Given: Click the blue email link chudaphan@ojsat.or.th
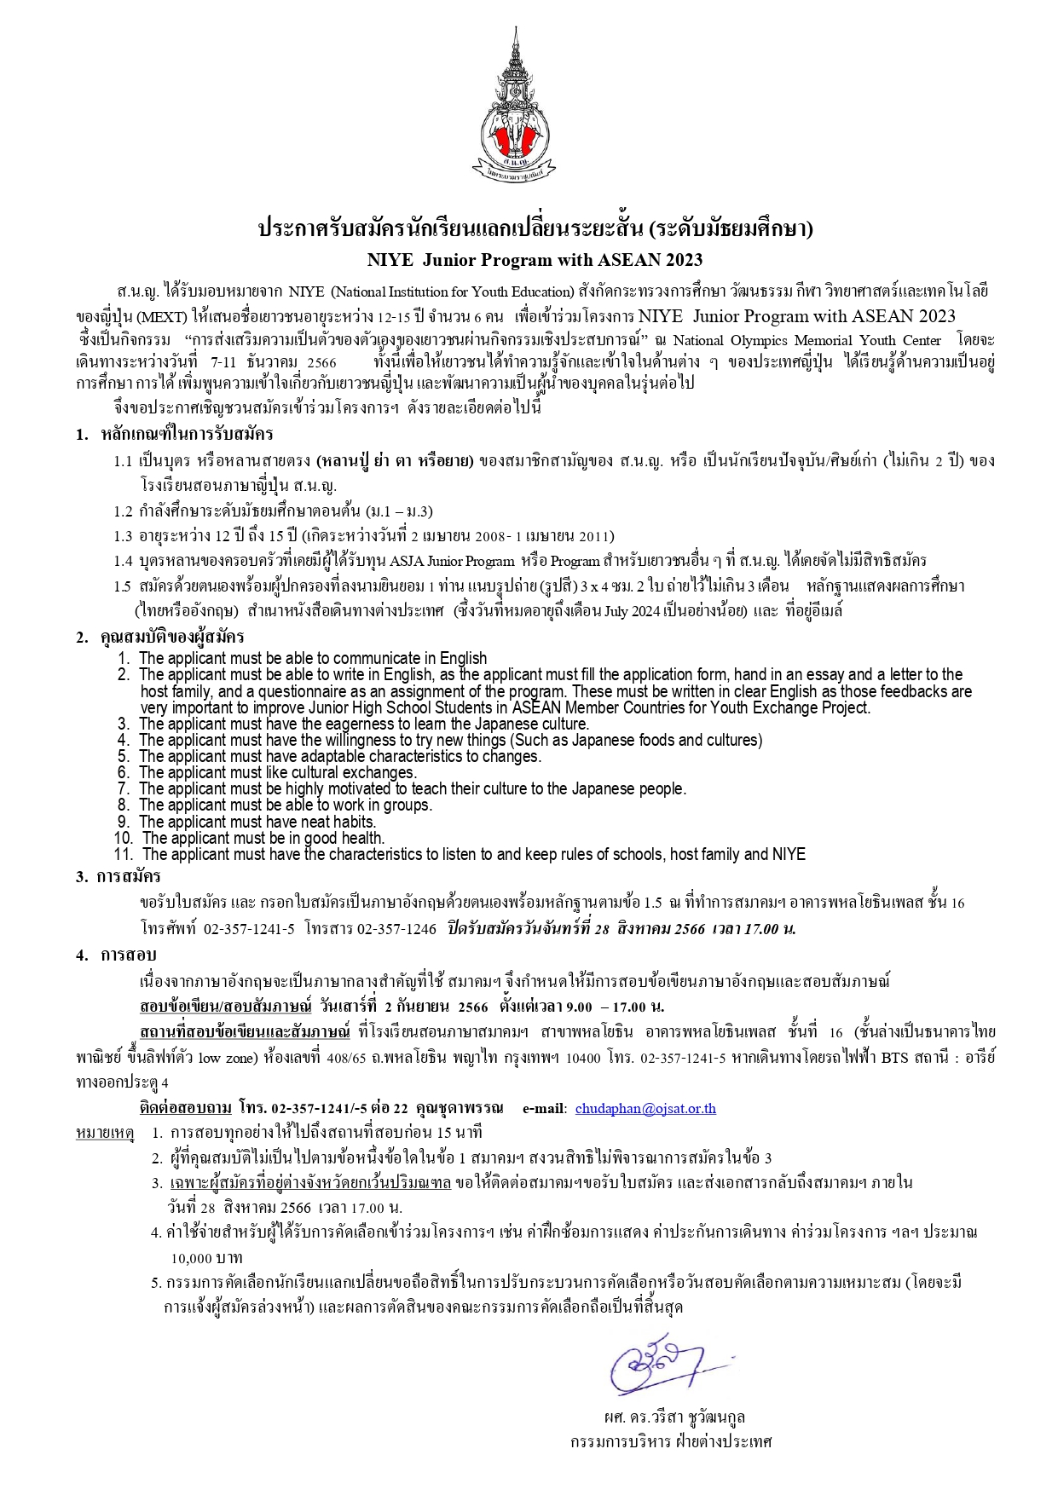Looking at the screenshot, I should click(x=645, y=1108).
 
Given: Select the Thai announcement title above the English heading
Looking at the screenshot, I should click(x=535, y=228).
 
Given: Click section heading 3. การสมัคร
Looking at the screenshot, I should click(x=118, y=876).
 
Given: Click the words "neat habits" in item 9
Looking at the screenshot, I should click(x=338, y=822).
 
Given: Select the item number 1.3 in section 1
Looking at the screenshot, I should click(x=124, y=536).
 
